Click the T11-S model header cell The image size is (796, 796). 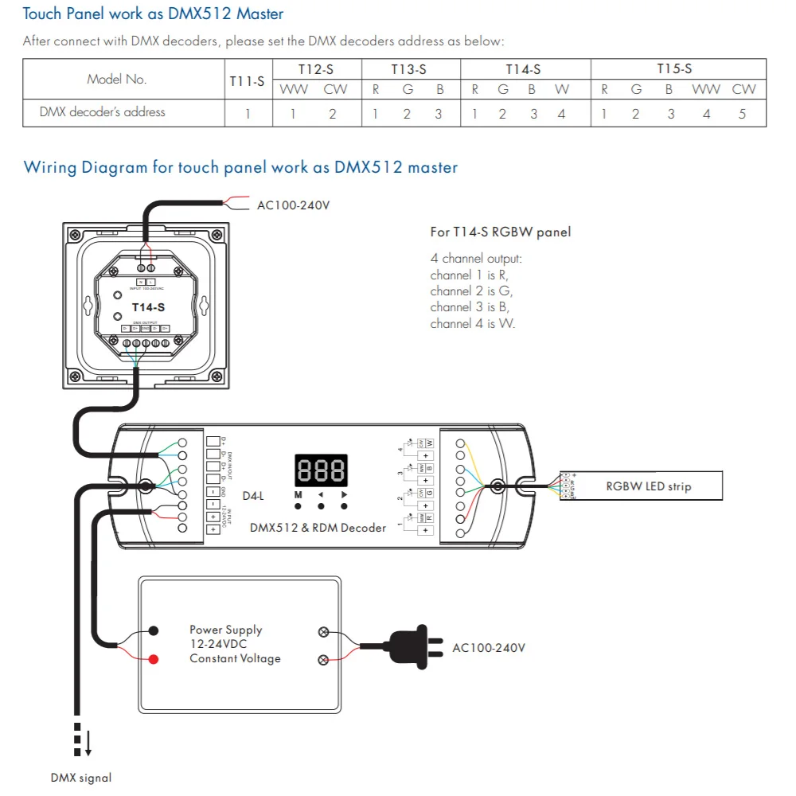pos(248,80)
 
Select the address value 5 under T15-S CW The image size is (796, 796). pos(742,114)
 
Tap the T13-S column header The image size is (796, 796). pos(409,69)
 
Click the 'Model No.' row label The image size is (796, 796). pos(116,80)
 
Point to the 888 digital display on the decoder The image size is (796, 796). pos(322,470)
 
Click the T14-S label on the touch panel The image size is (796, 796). pos(148,307)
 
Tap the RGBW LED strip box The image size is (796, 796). pos(648,486)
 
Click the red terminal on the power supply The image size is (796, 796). pos(152,659)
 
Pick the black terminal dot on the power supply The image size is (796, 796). pos(152,630)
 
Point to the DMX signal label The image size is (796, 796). pos(81,778)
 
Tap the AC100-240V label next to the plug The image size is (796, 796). pos(489,648)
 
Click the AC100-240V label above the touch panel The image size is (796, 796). pos(293,205)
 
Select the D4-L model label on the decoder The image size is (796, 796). pos(252,495)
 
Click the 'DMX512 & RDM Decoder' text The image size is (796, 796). pos(318,527)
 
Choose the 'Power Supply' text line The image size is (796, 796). pos(225,630)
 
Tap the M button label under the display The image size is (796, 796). pos(298,494)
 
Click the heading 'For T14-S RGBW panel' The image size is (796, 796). pos(500,232)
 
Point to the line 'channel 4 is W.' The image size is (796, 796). pos(472,324)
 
